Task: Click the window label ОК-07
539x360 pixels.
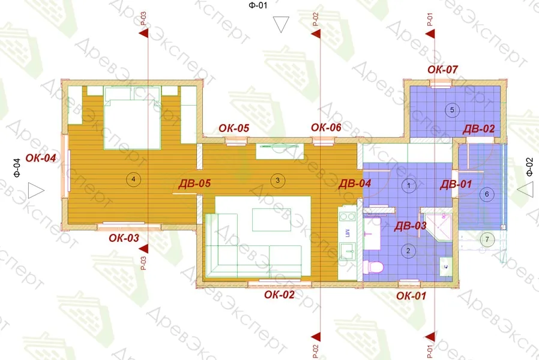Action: pos(442,70)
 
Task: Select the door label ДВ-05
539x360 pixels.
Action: pos(194,184)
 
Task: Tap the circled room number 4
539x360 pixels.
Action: pos(133,179)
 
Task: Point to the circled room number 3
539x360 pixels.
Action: pos(278,180)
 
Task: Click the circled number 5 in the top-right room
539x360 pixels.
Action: pos(452,110)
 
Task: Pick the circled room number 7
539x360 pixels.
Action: pos(487,239)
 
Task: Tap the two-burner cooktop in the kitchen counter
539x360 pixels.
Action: pos(347,217)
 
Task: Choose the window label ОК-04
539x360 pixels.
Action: pos(41,158)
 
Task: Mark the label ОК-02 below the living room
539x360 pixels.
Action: pos(279,295)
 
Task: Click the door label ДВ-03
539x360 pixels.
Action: pos(410,226)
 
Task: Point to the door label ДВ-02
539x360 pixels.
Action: pos(478,129)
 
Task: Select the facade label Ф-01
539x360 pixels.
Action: pos(257,5)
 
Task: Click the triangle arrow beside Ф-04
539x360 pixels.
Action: pos(36,191)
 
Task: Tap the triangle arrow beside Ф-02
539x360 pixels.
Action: pos(525,190)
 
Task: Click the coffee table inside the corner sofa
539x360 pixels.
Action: pos(271,220)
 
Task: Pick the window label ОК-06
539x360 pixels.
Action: pos(326,128)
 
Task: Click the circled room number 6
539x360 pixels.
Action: pos(487,194)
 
